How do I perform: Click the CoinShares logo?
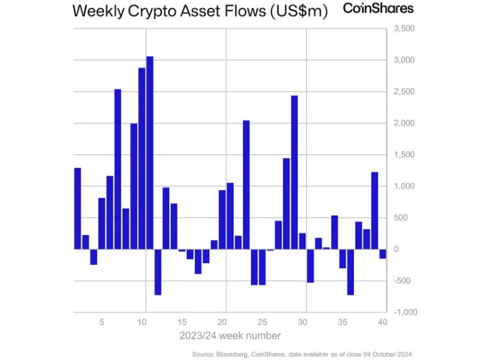click(x=378, y=9)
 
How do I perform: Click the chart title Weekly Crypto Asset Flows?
click(x=200, y=11)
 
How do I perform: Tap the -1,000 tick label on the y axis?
click(x=403, y=313)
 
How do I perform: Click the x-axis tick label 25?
click(x=262, y=322)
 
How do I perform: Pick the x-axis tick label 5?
click(x=101, y=322)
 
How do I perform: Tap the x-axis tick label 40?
click(x=382, y=322)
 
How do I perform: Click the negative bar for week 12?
click(x=158, y=272)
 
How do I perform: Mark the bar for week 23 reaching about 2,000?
click(x=246, y=185)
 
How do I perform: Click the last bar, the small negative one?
click(x=383, y=254)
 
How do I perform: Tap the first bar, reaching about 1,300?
click(x=77, y=208)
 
